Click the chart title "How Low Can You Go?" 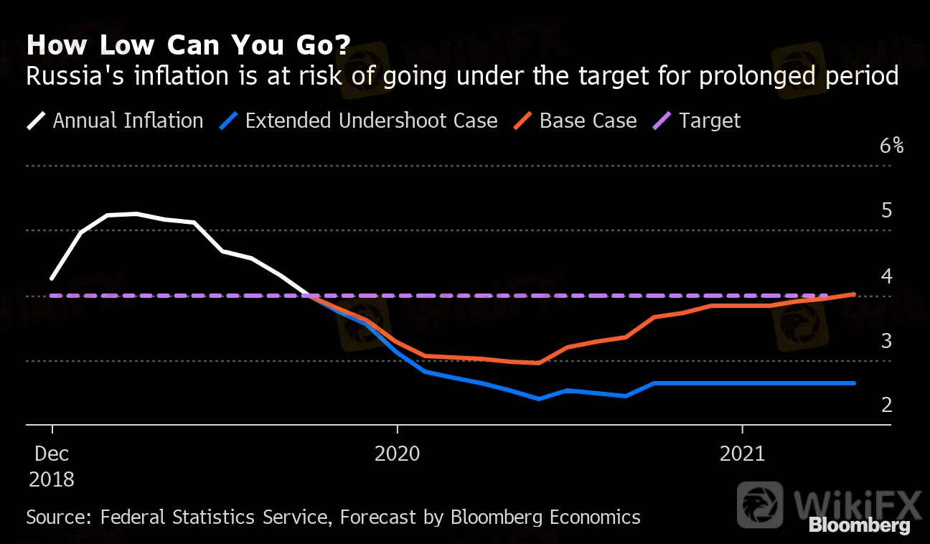(x=189, y=44)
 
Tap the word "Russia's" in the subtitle (x=75, y=76)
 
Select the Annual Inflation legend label (x=128, y=121)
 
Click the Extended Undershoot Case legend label (x=371, y=121)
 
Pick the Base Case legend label (x=588, y=121)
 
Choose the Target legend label (x=710, y=121)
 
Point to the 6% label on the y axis (x=891, y=146)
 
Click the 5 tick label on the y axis (x=886, y=210)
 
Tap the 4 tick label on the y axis (x=886, y=276)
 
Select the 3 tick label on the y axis (x=886, y=341)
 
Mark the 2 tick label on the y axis (x=886, y=405)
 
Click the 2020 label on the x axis (x=397, y=454)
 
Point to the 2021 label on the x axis (x=742, y=454)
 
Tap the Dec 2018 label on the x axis (x=52, y=466)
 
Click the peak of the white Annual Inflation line (x=136, y=214)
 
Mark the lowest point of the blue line (x=538, y=398)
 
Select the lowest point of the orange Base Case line (x=538, y=363)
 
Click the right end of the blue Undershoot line (x=854, y=383)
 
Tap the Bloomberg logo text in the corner (x=860, y=526)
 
